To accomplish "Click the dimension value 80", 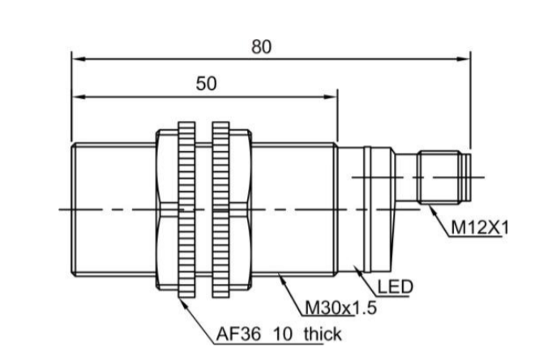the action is coord(261,47).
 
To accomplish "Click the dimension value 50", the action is coord(206,84).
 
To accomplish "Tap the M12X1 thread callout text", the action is coord(479,228).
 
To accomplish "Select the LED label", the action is coord(395,287).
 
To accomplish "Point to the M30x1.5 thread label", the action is coord(340,308).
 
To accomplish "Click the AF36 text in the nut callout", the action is coord(238,334).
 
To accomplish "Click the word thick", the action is coord(323,334).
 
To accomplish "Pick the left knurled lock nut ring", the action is coord(186,209).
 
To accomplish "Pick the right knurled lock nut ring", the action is coord(220,209).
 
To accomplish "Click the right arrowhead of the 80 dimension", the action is coord(464,59).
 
